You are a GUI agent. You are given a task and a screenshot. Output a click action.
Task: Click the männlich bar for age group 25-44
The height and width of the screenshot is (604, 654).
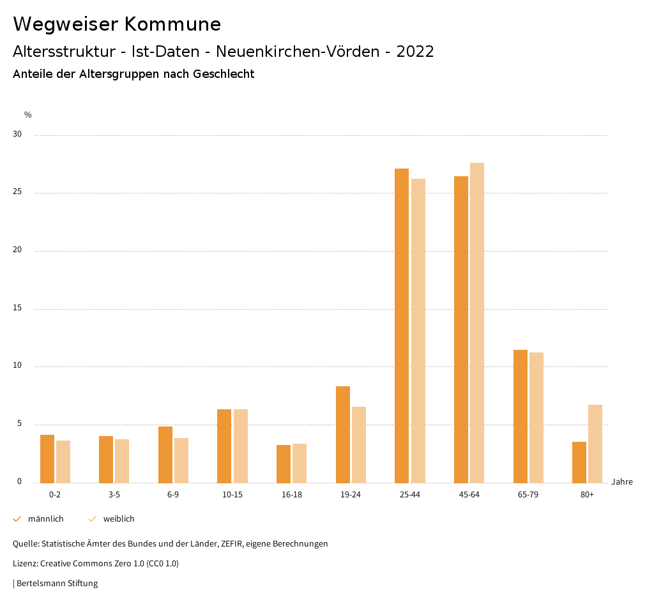[402, 326]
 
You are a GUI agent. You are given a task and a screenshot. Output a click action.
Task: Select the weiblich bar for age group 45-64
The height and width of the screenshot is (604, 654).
[477, 322]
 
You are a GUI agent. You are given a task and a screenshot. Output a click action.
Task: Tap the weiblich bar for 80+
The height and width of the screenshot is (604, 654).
[595, 444]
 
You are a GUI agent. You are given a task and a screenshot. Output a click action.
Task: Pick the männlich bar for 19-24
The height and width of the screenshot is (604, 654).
[343, 434]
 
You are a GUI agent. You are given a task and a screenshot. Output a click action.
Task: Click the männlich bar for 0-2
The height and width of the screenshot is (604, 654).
[47, 458]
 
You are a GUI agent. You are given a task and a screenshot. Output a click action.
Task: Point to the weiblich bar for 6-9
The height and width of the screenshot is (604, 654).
[181, 460]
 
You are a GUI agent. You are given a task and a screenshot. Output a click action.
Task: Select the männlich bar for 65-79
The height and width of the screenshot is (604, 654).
[521, 416]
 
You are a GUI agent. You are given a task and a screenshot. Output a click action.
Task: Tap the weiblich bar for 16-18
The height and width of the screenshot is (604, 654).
[300, 463]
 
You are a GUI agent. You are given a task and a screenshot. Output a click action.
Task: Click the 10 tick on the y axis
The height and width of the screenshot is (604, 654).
[17, 366]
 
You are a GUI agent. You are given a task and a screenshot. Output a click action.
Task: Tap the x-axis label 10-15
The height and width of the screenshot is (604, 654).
[232, 495]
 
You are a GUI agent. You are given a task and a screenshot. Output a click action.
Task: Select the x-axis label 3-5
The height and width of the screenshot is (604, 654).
[114, 495]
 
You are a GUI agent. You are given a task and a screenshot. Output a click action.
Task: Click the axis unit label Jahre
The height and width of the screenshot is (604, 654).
[622, 482]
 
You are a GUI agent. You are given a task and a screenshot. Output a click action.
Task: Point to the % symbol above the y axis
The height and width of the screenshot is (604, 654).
[28, 115]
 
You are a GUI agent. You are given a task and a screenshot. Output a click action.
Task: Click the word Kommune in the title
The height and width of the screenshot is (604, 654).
[172, 24]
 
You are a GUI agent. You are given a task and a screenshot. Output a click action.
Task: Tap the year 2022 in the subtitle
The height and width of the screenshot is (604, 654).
[415, 52]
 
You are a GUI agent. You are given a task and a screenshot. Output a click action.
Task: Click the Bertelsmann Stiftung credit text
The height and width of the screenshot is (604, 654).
[57, 584]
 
